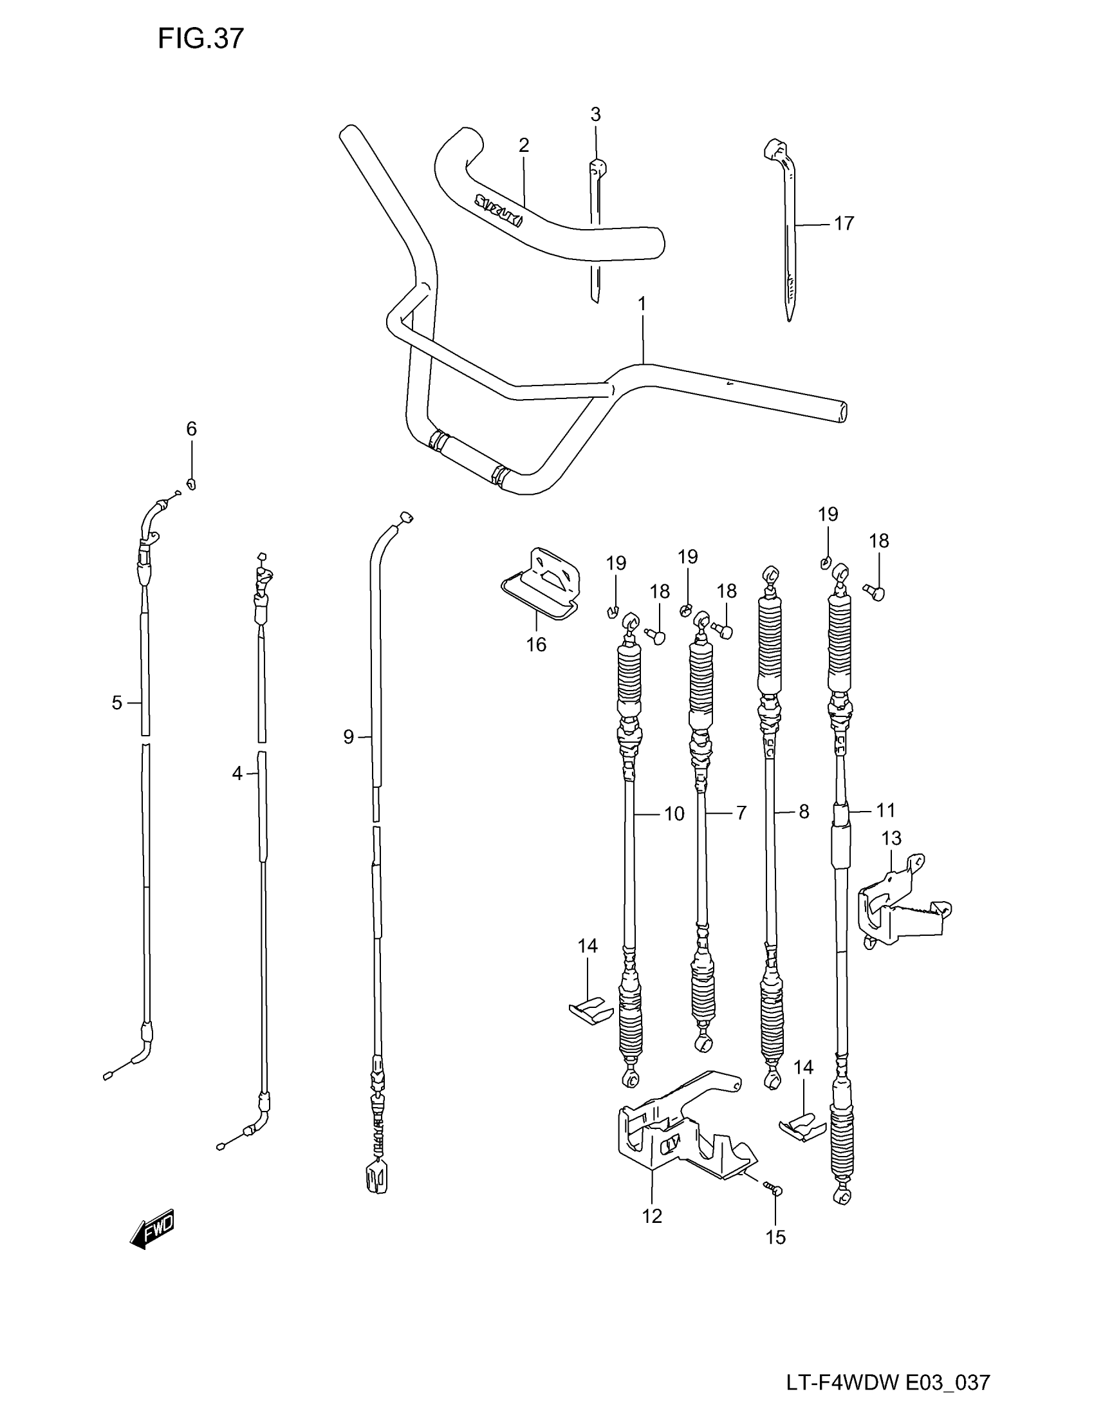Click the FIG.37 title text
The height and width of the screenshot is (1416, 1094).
201,39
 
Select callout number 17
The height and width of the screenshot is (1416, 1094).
843,224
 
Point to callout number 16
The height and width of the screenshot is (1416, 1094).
536,644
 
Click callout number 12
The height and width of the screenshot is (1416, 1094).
652,1216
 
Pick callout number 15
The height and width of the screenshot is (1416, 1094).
776,1237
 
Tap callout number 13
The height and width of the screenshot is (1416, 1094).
891,838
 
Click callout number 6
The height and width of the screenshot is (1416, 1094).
191,429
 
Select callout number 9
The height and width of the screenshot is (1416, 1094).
349,737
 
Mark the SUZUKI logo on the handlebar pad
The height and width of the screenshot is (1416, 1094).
498,210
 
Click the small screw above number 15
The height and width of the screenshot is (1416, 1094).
772,1188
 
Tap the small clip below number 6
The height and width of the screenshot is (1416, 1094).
191,483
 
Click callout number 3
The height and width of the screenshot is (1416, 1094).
595,115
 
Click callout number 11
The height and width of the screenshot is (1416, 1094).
885,810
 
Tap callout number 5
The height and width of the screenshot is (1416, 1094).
116,703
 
